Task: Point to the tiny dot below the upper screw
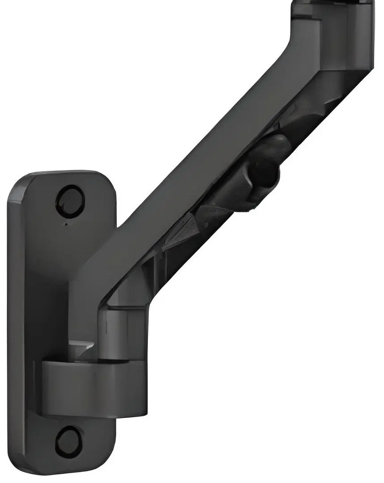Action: [x=66, y=224]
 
